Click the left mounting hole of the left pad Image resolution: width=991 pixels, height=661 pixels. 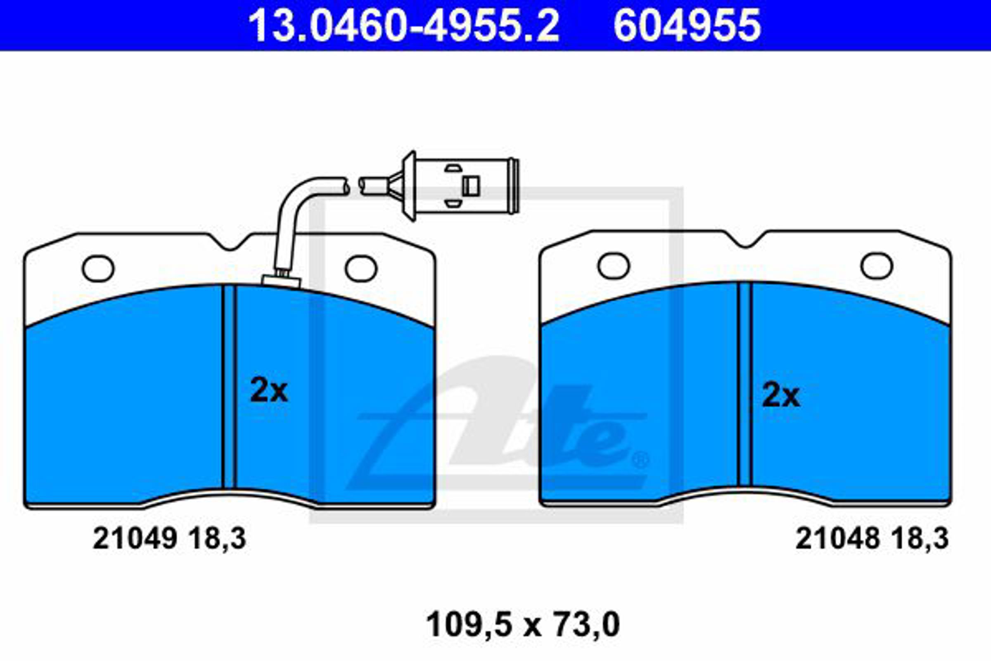click(x=98, y=269)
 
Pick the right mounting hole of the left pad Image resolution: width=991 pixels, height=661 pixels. click(x=361, y=269)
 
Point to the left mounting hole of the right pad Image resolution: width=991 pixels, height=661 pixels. click(x=614, y=266)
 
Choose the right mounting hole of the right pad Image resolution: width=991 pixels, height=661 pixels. click(x=877, y=266)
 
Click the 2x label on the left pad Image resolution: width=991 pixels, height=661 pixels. click(x=269, y=390)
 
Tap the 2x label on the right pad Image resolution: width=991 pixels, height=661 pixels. click(x=781, y=395)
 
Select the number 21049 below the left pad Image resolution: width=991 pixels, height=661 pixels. click(x=135, y=539)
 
